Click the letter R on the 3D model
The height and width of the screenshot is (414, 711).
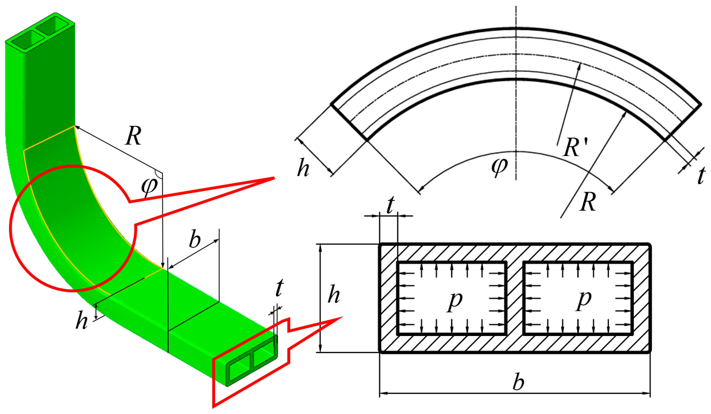pos(133,136)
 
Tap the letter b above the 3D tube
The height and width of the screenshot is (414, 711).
pos(195,240)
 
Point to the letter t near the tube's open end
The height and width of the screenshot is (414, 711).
pos(279,288)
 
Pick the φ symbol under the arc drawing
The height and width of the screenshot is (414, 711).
pos(499,167)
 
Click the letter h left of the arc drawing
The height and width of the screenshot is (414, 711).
pos(303,168)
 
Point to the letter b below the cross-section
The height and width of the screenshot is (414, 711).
pos(518,382)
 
